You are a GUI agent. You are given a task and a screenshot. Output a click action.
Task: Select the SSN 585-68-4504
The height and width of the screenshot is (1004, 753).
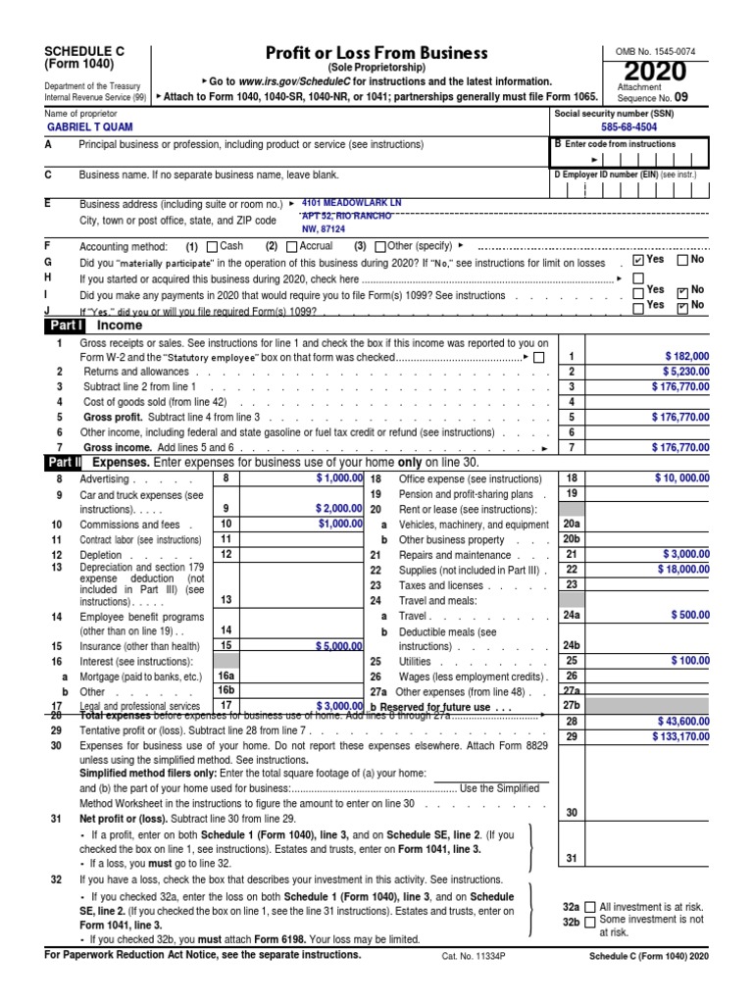click(630, 127)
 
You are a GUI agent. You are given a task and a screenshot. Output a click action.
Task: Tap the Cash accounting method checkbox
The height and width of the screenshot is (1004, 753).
click(213, 246)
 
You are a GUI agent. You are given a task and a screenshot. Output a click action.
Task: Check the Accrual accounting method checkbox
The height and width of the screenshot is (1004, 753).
click(290, 246)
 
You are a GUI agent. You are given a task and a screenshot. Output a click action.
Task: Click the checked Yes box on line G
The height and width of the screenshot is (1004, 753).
click(639, 261)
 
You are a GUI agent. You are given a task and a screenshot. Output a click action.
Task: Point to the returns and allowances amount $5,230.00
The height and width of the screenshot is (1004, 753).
click(682, 372)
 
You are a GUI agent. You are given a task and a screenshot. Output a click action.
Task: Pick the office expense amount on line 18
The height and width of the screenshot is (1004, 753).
click(682, 477)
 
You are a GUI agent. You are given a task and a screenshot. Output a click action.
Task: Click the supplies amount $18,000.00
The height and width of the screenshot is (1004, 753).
click(679, 569)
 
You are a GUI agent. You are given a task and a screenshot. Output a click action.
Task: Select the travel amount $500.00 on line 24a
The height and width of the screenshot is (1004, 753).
click(689, 615)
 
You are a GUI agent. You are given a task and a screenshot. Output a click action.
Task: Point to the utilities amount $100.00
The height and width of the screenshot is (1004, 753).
click(690, 661)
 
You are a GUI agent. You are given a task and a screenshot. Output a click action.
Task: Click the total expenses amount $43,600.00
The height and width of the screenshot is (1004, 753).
click(679, 722)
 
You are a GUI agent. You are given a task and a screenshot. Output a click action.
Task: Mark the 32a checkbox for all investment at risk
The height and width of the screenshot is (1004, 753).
click(590, 909)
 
